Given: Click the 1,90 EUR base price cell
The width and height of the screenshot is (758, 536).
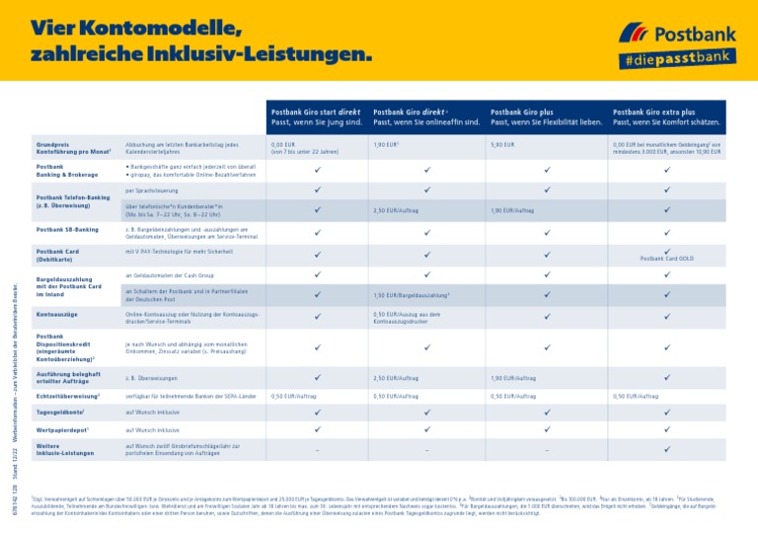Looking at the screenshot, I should (x=385, y=144).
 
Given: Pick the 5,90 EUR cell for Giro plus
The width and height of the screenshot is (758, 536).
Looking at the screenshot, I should (x=502, y=144).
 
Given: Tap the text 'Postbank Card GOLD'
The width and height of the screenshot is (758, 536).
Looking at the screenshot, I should (x=667, y=259).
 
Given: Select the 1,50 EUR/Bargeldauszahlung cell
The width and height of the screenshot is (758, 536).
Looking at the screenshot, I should (x=411, y=295).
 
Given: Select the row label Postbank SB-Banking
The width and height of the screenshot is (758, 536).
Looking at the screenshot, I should (x=67, y=229).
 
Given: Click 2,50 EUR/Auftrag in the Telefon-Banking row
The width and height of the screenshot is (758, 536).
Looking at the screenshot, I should (x=397, y=211).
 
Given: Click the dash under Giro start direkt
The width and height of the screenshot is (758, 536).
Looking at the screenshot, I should (x=316, y=450).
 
